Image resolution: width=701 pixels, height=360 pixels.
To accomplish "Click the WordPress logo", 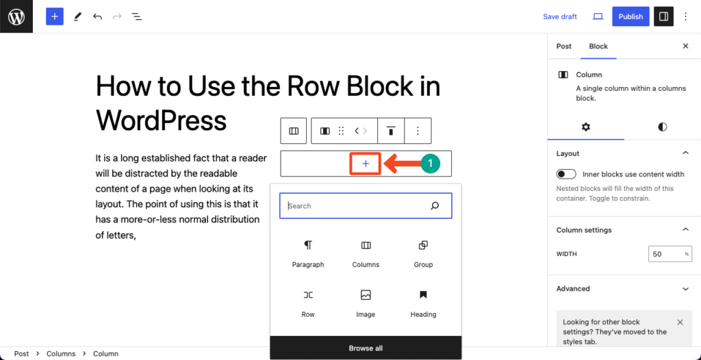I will [x=16, y=16].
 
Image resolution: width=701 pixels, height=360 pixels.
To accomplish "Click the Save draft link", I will [x=559, y=16].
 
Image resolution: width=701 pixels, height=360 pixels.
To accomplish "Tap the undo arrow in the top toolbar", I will [x=97, y=16].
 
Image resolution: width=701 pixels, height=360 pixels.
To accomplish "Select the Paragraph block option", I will [x=307, y=253].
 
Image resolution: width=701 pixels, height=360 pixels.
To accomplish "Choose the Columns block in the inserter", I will [x=366, y=253].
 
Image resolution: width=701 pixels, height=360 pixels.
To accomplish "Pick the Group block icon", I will [x=423, y=246].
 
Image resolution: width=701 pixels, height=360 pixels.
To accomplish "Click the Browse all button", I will [x=366, y=348].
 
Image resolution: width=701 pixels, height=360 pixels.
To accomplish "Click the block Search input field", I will [x=356, y=205].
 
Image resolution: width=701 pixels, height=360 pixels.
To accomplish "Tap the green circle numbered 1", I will [x=429, y=164].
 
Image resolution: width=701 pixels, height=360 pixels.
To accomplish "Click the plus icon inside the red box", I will [x=366, y=164].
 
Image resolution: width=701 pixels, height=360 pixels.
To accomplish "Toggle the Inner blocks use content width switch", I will [x=566, y=175].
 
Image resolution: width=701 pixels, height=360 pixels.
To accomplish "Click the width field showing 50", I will [x=665, y=254].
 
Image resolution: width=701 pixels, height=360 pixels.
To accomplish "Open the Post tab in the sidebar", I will [x=564, y=47].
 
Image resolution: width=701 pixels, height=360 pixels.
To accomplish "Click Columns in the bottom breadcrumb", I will [x=61, y=354].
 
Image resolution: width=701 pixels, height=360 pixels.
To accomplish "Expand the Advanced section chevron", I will [x=685, y=289].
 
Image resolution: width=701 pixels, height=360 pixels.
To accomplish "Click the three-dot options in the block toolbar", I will [x=418, y=131].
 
